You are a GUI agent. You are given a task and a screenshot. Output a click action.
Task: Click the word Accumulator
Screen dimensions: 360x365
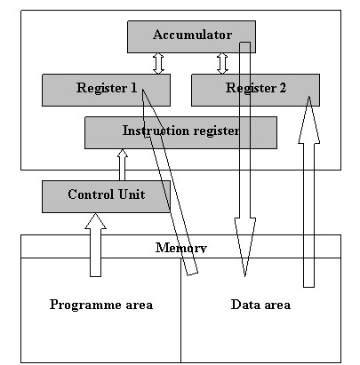(192, 35)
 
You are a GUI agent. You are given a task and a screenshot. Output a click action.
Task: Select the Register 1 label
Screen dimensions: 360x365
(107, 88)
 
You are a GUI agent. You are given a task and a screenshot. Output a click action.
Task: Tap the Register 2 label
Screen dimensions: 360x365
(256, 88)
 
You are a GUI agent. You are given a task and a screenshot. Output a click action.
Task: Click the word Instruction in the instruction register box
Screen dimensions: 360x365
(152, 131)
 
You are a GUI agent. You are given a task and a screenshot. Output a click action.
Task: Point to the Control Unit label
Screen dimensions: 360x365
(107, 194)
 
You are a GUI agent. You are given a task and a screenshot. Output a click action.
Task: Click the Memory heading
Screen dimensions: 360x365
(181, 248)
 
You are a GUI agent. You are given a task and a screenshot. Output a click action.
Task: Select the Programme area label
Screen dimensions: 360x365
(101, 305)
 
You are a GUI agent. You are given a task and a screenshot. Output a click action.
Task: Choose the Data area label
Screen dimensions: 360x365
(260, 305)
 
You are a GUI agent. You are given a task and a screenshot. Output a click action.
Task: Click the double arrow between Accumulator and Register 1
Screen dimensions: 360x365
(158, 63)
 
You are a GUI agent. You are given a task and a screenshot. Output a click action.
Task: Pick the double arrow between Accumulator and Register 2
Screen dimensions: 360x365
(222, 63)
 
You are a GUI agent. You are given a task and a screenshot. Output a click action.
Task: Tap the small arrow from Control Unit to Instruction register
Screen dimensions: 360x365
(122, 164)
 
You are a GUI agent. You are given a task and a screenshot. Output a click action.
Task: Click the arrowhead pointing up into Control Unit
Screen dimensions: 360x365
(95, 221)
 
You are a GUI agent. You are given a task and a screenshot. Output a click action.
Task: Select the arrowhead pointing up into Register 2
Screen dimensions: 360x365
(308, 120)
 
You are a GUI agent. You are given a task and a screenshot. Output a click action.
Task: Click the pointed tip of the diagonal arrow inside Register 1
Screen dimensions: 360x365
(142, 89)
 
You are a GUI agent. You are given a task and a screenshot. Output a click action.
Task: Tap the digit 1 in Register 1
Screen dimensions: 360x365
(133, 88)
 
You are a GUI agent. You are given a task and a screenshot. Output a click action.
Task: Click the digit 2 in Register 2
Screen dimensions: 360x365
(283, 88)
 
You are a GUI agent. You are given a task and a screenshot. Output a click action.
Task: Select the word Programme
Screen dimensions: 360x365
(83, 305)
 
